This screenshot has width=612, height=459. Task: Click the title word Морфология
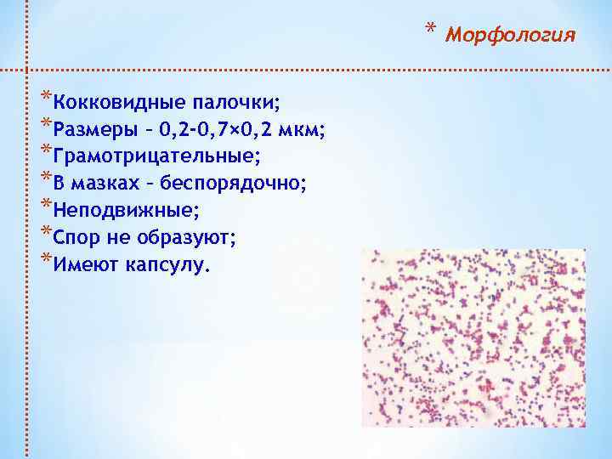511,36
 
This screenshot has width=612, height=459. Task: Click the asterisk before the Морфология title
431,32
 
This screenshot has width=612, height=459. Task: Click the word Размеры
88,130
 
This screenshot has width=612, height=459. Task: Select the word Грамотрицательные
156,157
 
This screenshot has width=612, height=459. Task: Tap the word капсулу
166,265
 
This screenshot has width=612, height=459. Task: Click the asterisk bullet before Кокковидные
45,96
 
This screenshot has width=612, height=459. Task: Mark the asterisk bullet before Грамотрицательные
45,150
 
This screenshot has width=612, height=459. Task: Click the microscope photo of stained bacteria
473,337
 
